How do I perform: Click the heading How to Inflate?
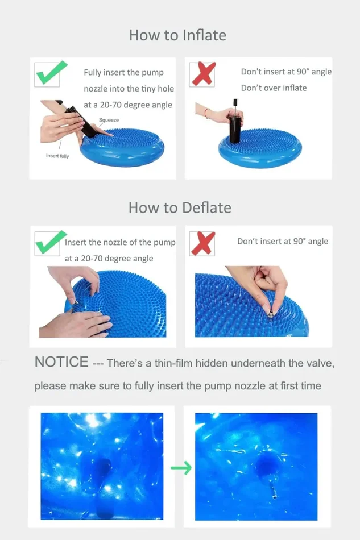tap(177, 35)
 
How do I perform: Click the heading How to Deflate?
tap(180, 207)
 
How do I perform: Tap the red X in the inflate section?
tap(203, 73)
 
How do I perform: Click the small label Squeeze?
tap(109, 120)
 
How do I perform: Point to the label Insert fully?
tap(57, 156)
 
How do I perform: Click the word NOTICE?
tap(61, 362)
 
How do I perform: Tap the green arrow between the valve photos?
tap(181, 467)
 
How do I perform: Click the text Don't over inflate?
tap(274, 88)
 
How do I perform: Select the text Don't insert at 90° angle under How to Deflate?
tap(283, 242)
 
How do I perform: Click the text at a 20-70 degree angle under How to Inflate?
tap(128, 105)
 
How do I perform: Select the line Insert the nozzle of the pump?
tap(120, 243)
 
